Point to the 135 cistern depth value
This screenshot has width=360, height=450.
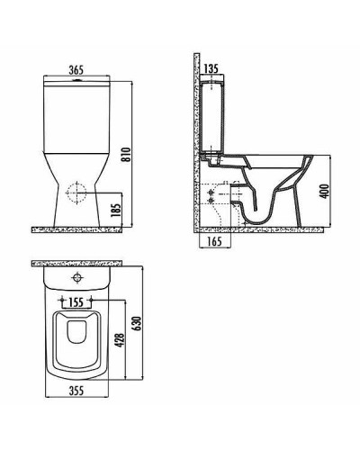click(x=212, y=67)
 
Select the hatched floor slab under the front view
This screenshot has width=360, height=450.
click(x=81, y=229)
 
